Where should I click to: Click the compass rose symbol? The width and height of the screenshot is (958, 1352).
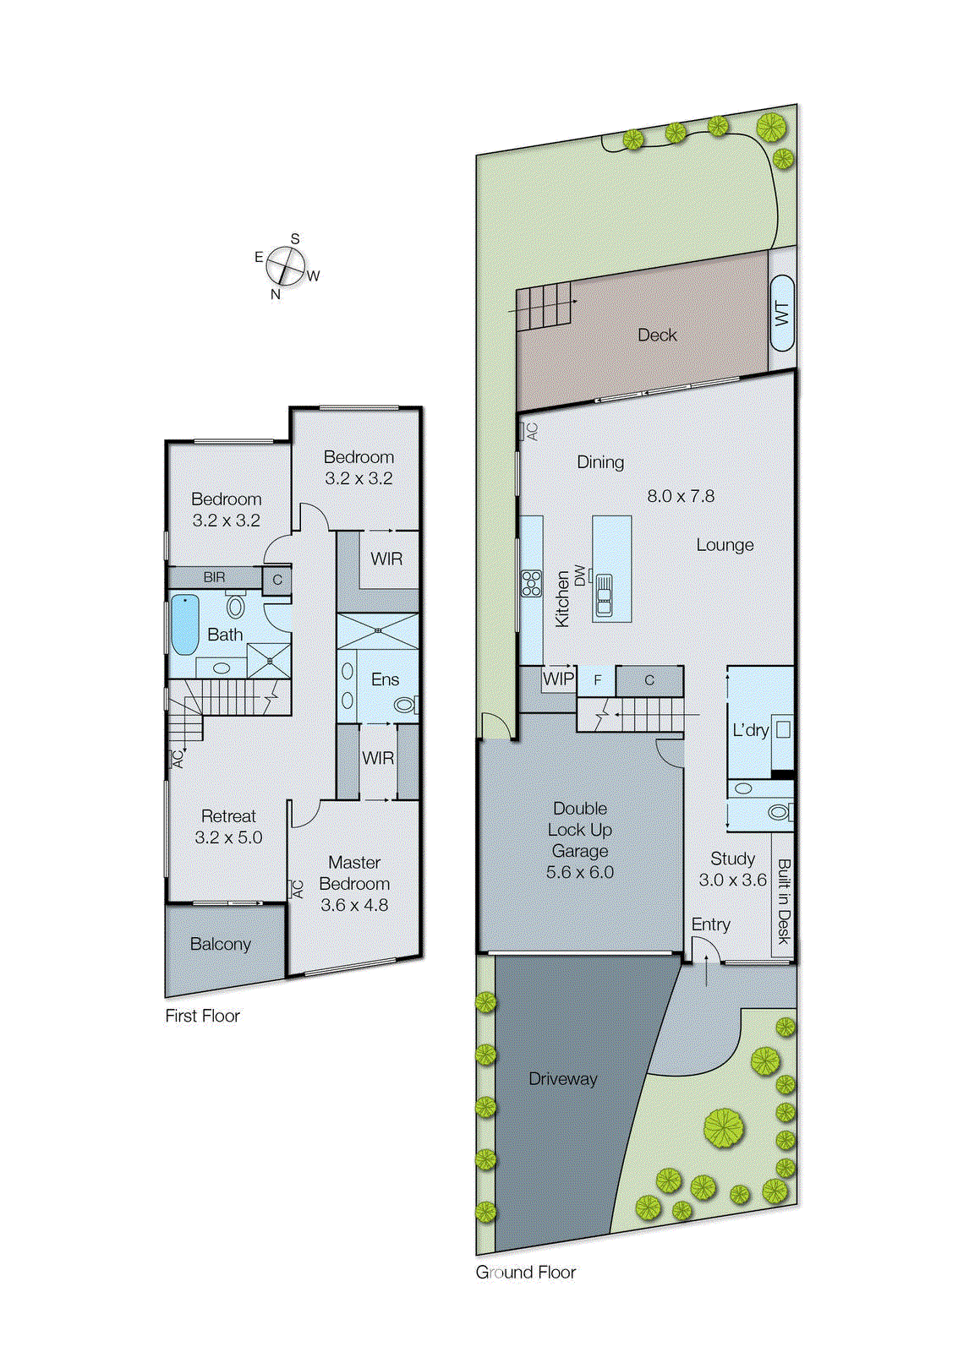285,267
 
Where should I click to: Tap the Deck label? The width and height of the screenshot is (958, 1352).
657,335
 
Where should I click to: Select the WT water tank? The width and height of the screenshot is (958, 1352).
782,313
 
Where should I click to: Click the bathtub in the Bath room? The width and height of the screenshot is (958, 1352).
185,624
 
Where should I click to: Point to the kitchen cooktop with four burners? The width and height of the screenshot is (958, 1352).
531,583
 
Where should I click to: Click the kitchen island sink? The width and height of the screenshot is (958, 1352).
604,594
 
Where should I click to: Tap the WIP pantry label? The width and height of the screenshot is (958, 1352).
558,679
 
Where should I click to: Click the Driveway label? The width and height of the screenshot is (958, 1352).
562,1079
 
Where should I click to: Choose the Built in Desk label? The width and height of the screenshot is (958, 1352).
784,901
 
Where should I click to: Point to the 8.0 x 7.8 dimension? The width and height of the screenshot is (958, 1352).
681,496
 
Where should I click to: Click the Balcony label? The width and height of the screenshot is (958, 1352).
220,944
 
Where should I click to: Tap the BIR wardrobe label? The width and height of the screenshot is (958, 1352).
214,577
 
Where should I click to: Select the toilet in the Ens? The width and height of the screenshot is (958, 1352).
406,704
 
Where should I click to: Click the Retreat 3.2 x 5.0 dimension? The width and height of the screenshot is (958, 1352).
228,837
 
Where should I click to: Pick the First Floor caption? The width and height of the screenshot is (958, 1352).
202,1016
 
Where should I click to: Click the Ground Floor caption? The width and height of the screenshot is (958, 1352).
525,1273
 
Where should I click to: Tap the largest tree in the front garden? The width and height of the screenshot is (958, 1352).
724,1128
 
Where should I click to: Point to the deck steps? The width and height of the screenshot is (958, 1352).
544,307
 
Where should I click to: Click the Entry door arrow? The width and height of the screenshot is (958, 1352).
706,970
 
